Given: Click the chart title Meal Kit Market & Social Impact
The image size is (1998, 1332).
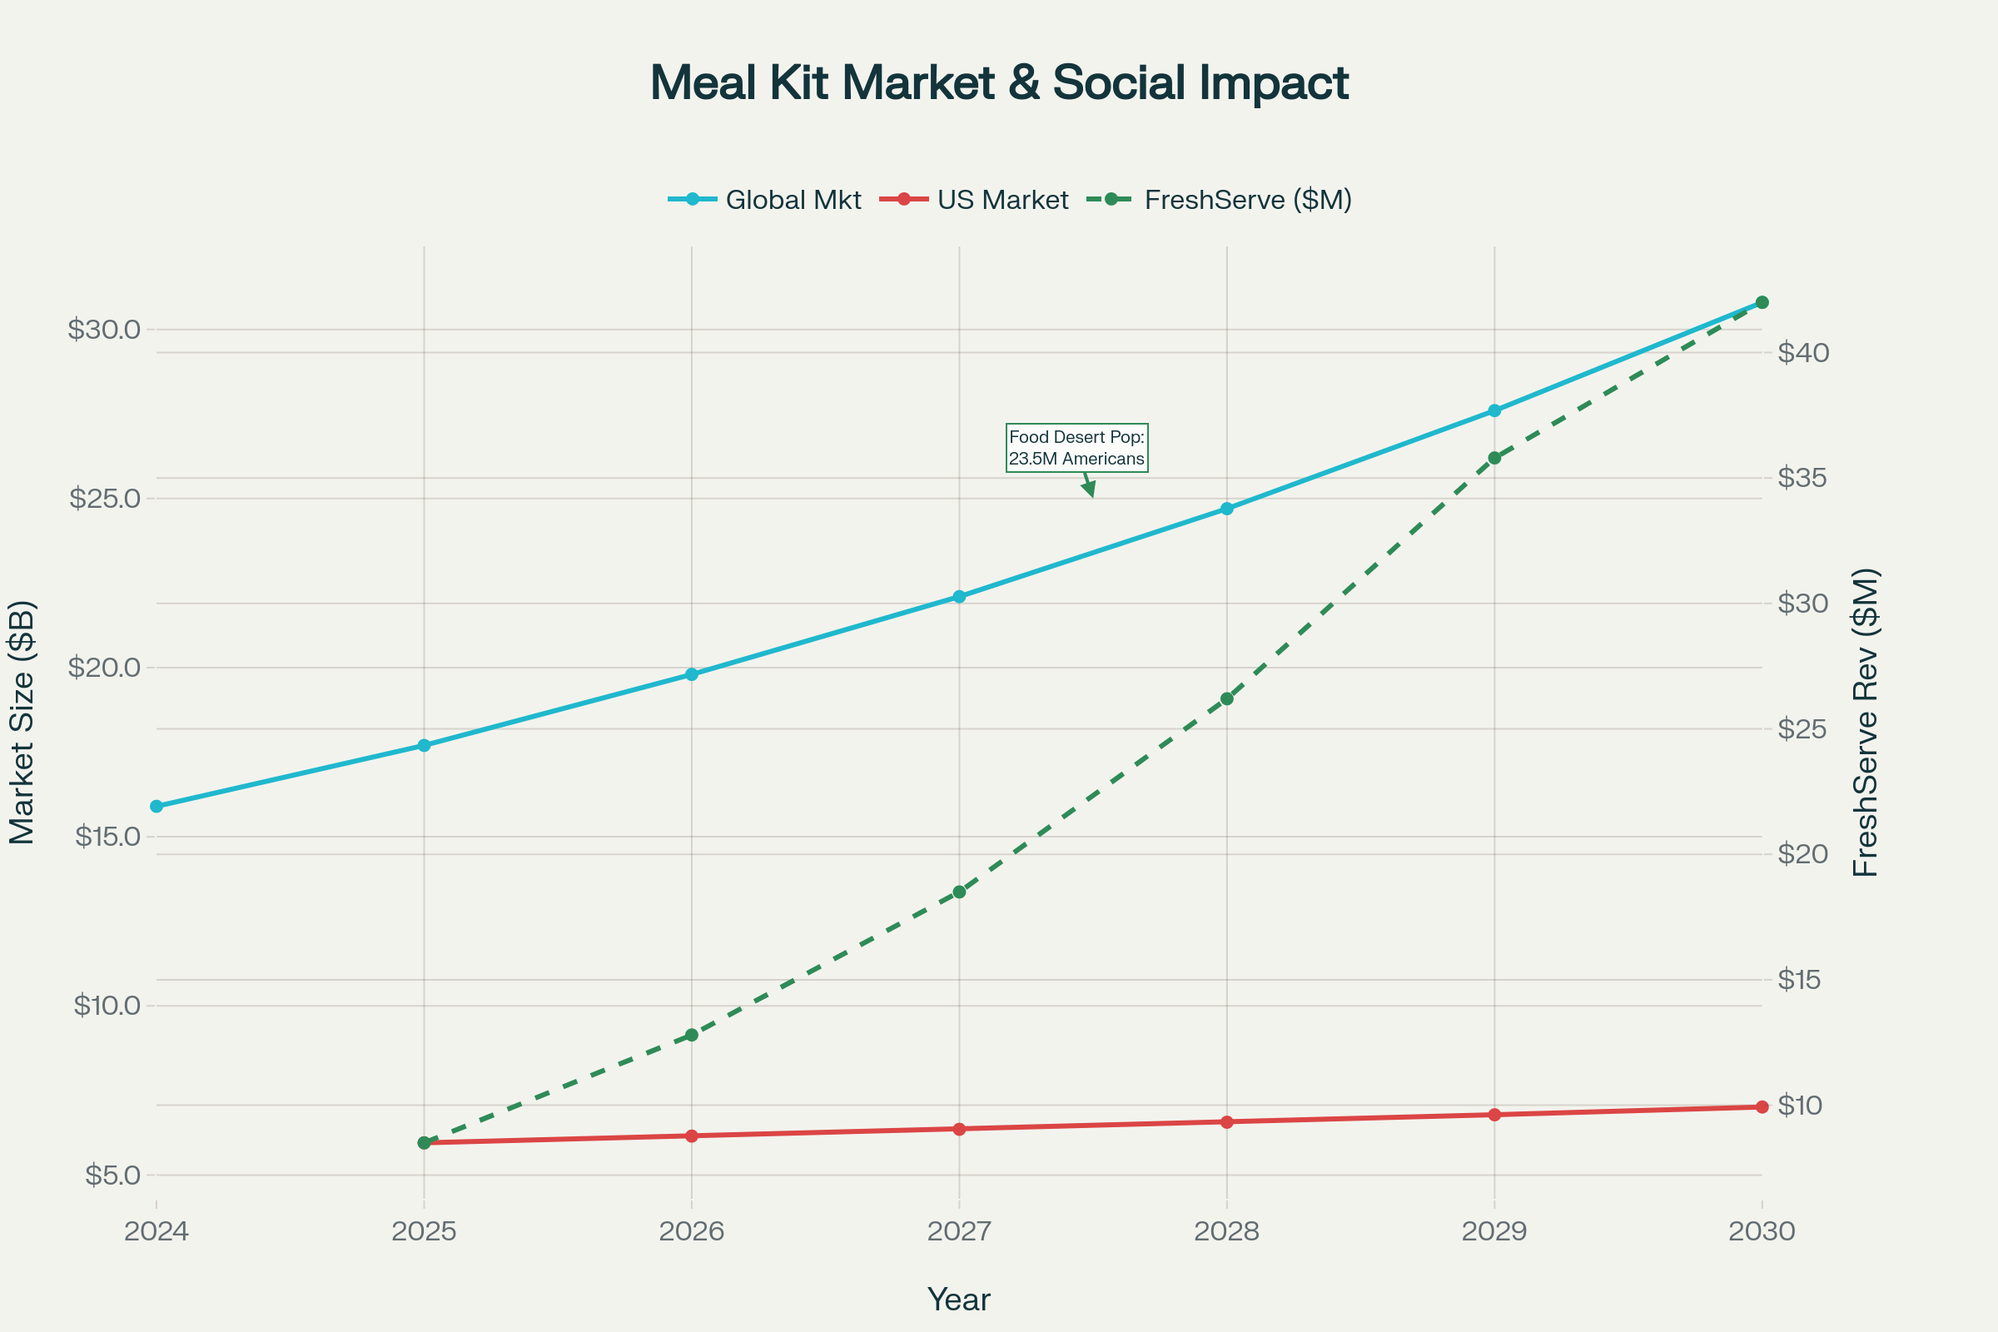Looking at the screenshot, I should tap(999, 83).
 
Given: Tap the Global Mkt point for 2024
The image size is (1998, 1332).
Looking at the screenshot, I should tap(157, 806).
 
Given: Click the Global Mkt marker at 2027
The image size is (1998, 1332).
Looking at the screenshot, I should tap(959, 597).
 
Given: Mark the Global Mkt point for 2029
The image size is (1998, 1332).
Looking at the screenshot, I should tap(1494, 411).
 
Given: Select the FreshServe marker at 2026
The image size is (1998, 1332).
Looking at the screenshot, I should tap(692, 1036).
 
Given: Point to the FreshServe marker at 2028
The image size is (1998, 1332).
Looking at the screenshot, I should tap(1226, 699).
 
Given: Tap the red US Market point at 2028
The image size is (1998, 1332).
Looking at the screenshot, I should tap(1226, 1122).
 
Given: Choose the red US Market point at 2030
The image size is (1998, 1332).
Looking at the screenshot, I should tap(1762, 1107).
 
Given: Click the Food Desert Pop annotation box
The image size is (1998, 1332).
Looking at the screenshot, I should tap(1076, 448).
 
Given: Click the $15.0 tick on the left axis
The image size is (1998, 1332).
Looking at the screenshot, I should tap(108, 837).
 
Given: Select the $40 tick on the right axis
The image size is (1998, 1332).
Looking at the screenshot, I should tap(1803, 352).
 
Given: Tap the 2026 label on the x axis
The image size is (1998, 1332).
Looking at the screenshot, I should tap(692, 1232).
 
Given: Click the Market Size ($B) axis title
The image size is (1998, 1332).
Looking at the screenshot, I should tap(22, 723).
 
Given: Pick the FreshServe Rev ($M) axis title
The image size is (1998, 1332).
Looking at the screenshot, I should tap(1866, 723).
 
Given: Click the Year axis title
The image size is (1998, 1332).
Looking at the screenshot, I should tap(958, 1300).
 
